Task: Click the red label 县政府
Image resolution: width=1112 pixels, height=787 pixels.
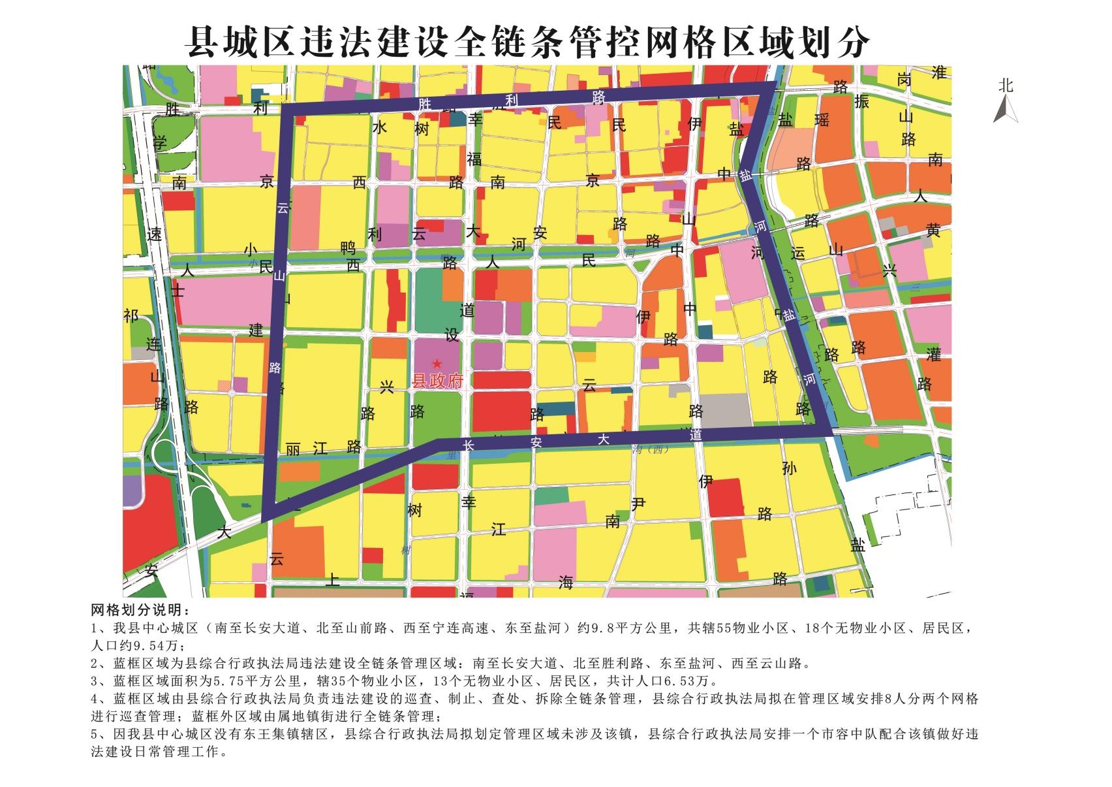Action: click(x=437, y=381)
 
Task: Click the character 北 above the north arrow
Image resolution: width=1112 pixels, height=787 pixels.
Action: click(x=1006, y=86)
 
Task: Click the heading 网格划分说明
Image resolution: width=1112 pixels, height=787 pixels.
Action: click(x=140, y=611)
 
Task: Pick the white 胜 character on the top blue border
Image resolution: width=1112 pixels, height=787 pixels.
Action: click(x=424, y=104)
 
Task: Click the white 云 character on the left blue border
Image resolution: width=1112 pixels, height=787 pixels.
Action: click(x=282, y=208)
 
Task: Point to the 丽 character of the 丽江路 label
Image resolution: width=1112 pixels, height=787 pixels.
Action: click(x=293, y=449)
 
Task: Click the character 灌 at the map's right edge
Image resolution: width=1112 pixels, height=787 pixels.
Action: click(x=934, y=355)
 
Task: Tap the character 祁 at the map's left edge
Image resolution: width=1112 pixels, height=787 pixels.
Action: click(x=131, y=315)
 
